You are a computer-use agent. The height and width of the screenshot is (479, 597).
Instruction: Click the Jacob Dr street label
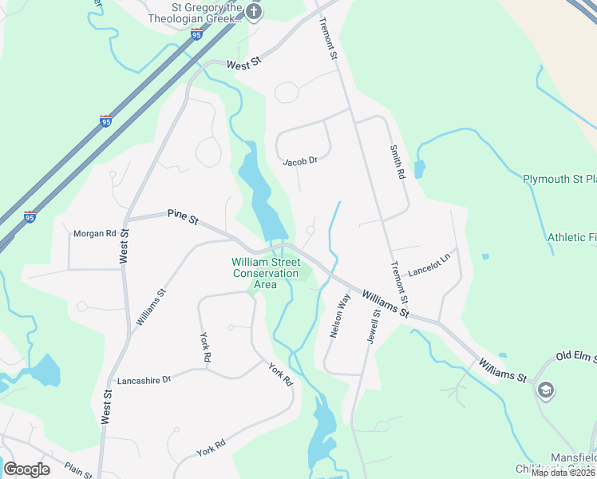tap(300, 161)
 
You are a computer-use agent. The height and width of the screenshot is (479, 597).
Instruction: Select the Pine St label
tap(183, 216)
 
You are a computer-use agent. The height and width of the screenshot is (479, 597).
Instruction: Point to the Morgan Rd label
tap(94, 234)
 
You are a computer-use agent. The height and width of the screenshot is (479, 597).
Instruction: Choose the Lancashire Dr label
tap(144, 381)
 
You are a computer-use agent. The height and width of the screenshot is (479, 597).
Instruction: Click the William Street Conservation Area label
tap(266, 273)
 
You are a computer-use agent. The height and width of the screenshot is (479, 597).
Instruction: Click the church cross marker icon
tap(254, 11)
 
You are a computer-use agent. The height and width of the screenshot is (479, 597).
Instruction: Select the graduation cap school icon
tap(547, 390)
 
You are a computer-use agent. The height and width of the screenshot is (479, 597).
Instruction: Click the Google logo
tap(27, 469)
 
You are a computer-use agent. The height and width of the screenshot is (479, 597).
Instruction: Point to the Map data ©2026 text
tap(563, 473)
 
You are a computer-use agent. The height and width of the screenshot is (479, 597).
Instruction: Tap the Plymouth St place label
tap(559, 179)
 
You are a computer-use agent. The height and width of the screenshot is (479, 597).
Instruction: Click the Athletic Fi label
tap(571, 238)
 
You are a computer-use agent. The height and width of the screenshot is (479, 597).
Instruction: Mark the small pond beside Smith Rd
tap(419, 169)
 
